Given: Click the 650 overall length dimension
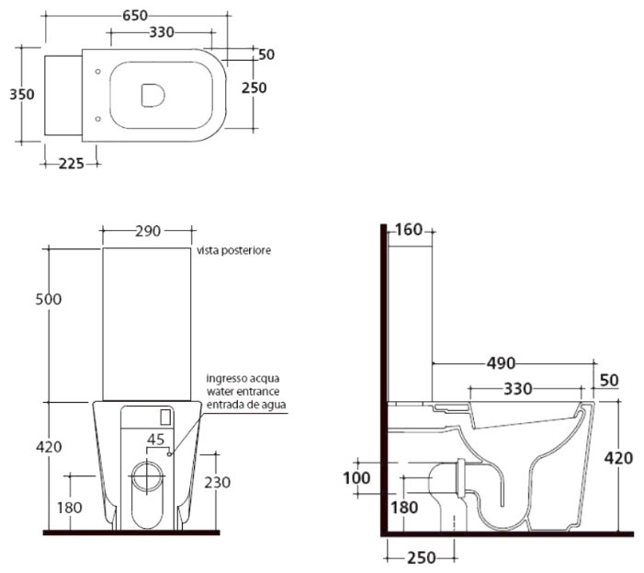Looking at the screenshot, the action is click(135, 16).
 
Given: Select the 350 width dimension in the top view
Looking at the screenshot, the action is click(22, 95).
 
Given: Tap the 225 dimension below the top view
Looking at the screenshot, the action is click(72, 164).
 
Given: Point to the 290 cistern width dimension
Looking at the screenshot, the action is click(148, 231).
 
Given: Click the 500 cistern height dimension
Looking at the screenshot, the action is click(49, 299).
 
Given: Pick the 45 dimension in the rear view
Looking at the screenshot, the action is click(156, 440).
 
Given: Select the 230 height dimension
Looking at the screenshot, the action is click(217, 482).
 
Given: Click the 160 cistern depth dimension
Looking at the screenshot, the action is click(410, 230).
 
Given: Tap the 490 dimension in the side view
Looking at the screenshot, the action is click(501, 363).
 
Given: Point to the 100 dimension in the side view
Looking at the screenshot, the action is click(356, 478).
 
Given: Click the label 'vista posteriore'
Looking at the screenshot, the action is click(233, 250).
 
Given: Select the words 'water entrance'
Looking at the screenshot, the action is click(243, 391).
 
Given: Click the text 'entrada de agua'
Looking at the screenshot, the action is click(246, 405).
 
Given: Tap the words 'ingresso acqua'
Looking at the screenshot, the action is click(243, 378).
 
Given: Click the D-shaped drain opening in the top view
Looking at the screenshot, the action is click(153, 96).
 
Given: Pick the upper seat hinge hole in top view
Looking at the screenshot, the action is click(97, 72).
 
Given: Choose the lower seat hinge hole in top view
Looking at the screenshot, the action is click(97, 119).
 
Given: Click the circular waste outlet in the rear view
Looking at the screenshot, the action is click(147, 476).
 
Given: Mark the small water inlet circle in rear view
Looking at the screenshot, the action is click(169, 454).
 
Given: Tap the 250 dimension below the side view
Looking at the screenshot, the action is click(422, 557).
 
